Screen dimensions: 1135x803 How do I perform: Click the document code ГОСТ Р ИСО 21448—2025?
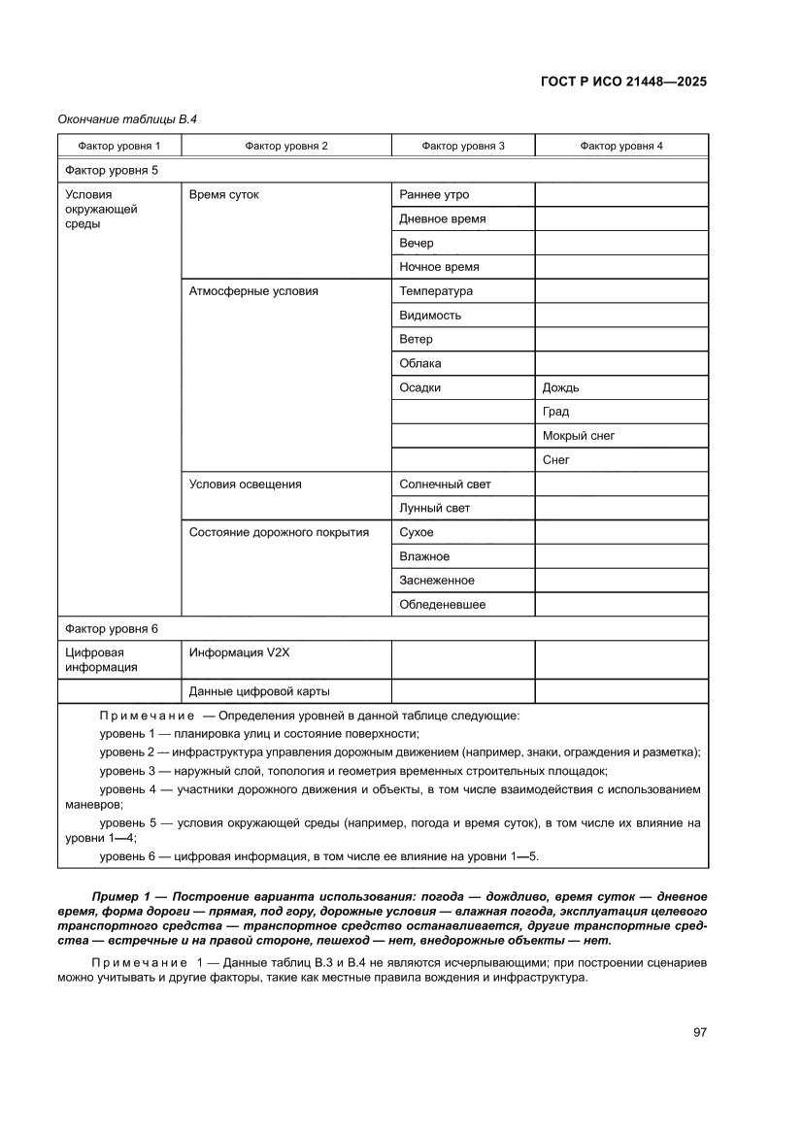coord(622,82)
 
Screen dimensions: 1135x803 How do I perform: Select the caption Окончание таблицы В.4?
coord(134,118)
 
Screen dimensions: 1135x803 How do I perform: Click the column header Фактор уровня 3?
coord(462,146)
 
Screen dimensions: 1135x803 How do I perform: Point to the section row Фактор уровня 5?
coord(111,170)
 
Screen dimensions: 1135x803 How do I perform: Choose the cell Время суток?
coord(224,194)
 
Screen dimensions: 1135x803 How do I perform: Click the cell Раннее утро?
coord(434,194)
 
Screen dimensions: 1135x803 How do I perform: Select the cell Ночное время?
coord(439,266)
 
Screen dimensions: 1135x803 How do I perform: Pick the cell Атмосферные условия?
coord(253,290)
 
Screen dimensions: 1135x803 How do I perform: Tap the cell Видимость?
coord(430,315)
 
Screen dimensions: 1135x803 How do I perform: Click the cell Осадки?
coord(419,387)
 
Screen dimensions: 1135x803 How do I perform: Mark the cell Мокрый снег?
coord(579,436)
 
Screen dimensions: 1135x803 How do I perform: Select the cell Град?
coord(556,412)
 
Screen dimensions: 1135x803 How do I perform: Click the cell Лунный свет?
coord(435,508)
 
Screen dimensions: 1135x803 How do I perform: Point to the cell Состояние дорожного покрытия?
coord(279,532)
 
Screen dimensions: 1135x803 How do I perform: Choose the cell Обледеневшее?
coord(442,604)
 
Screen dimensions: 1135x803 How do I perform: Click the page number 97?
coord(699,1032)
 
